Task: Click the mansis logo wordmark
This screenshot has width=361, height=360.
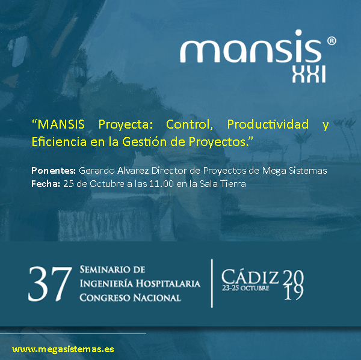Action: coord(250,46)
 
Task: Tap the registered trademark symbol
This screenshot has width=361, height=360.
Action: coord(332,41)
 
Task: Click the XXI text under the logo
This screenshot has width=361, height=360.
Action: coord(309,74)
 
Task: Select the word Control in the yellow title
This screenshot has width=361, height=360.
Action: coord(190,124)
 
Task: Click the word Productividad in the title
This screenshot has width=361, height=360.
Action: coord(268,124)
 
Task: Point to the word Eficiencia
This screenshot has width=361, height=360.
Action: coord(59,141)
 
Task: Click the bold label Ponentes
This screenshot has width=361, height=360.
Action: coord(54,171)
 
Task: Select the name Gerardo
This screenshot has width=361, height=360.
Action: coord(97,171)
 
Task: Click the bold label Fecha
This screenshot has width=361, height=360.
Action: coord(46,184)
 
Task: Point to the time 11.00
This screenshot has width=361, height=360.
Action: coord(161,184)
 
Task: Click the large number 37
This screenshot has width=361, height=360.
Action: coord(50,284)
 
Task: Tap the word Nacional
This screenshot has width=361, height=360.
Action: coord(157,297)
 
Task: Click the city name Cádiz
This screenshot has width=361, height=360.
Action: coord(250,276)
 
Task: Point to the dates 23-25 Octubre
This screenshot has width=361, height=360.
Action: coord(245,288)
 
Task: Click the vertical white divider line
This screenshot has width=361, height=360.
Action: coord(212,284)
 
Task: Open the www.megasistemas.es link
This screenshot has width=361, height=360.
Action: coord(63,349)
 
